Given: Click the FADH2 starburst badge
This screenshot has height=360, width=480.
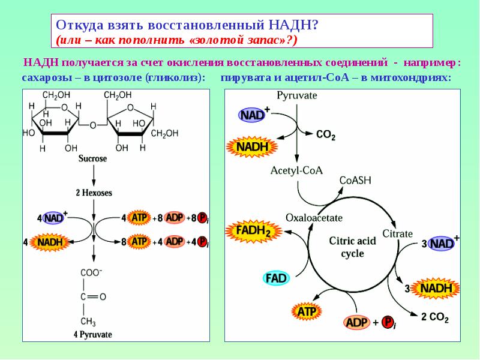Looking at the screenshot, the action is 253,231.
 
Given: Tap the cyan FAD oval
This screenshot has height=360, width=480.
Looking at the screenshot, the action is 276,278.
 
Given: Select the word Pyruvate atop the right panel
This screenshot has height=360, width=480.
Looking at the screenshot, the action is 296,95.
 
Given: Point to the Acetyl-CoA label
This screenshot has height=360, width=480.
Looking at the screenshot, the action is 296,170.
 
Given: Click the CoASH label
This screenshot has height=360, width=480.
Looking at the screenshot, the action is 355,181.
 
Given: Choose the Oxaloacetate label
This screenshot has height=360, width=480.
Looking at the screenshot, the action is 314,218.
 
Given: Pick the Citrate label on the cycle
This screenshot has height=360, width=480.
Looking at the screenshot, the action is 397,234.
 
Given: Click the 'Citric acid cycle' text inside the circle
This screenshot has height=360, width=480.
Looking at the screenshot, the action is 352,247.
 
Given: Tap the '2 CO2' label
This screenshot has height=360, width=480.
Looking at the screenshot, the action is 434,317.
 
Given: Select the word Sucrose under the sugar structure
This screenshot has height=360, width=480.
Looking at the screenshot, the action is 92,158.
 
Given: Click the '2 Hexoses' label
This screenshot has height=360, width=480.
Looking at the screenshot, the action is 94,193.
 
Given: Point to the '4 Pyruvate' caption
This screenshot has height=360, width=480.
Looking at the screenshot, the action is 93,334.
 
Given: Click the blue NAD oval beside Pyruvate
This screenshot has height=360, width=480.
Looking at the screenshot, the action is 252,115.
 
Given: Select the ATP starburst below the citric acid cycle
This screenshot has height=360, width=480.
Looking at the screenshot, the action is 307,311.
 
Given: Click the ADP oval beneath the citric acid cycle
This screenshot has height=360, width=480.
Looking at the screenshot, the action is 356,322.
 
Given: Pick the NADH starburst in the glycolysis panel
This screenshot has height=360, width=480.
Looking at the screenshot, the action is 50,242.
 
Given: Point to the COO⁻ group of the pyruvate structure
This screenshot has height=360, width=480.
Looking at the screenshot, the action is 91,272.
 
